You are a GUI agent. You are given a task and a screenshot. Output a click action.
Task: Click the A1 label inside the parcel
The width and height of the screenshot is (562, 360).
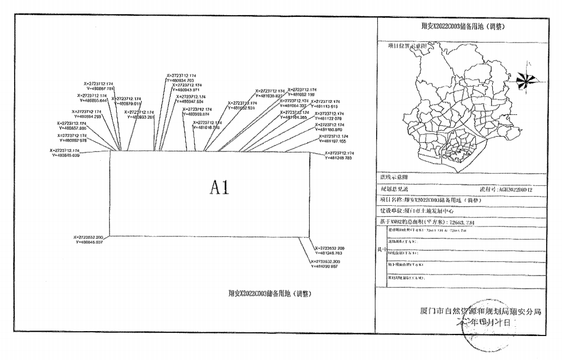[220, 188]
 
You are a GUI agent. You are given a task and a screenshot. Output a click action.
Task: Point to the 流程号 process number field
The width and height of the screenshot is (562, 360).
[488, 188]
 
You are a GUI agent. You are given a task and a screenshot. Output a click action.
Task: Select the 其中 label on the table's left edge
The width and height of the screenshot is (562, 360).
[380, 248]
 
